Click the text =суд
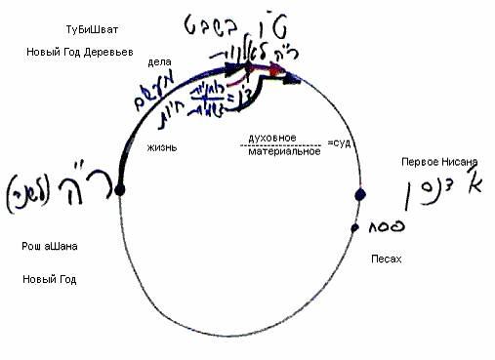[x=341, y=144]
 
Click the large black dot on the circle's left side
[x=119, y=190]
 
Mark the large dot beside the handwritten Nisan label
[x=359, y=195]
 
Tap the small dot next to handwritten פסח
[x=355, y=228]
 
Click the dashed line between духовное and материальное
[x=282, y=146]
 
